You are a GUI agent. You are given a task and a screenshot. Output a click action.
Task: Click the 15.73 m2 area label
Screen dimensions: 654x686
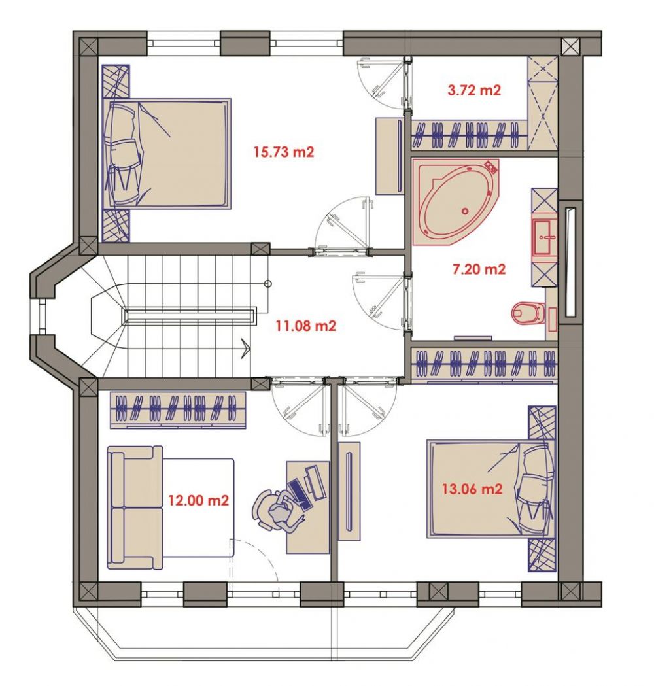click(x=284, y=152)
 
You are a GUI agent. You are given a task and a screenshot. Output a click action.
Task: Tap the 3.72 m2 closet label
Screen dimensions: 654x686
click(x=474, y=90)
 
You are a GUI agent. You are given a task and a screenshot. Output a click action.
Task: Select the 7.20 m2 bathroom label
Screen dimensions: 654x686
click(x=479, y=269)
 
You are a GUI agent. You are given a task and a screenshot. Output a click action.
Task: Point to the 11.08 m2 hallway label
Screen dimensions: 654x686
click(x=306, y=326)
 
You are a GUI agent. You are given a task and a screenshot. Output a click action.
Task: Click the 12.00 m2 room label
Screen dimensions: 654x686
click(x=199, y=500)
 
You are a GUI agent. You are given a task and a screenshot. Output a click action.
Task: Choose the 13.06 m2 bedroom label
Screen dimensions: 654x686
click(x=472, y=489)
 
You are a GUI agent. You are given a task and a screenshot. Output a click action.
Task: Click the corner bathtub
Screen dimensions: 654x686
click(x=456, y=202)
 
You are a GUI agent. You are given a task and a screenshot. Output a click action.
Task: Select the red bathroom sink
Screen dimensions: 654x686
click(x=545, y=237)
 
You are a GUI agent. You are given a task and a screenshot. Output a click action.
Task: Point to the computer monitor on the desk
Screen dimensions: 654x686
click(x=316, y=483)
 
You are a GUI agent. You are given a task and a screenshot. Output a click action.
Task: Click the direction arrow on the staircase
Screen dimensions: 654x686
click(x=245, y=349)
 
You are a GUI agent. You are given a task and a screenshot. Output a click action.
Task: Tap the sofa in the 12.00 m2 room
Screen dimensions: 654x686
click(x=135, y=507)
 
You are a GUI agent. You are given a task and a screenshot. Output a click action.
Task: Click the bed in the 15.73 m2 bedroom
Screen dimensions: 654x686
click(x=166, y=154)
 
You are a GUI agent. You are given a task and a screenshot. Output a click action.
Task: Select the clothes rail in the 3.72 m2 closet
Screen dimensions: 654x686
click(x=470, y=135)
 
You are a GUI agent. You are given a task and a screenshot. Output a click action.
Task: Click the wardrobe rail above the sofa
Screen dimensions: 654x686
click(x=178, y=409)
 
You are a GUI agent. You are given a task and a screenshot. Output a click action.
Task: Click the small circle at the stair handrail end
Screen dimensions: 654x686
click(x=268, y=284)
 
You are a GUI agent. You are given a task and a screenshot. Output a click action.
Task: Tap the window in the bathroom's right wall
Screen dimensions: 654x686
click(x=570, y=262)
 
